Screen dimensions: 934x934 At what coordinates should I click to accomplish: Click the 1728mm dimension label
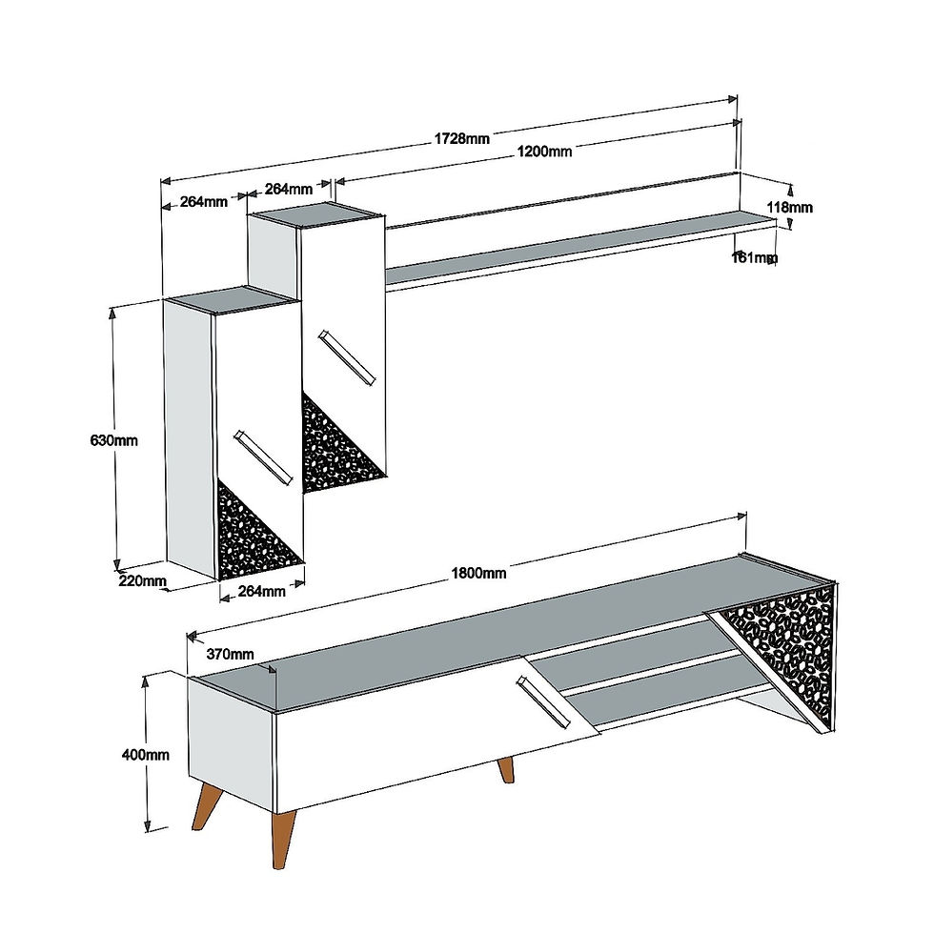click(461, 139)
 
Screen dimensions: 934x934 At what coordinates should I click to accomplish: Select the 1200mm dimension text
click(544, 152)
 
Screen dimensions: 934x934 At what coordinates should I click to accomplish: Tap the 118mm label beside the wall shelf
click(789, 208)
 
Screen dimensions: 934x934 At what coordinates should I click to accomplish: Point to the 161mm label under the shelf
click(755, 257)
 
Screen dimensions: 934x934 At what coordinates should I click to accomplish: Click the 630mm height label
click(113, 440)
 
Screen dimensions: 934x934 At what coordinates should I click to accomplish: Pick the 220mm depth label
click(142, 579)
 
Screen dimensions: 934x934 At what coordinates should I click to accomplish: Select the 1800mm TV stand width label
click(478, 573)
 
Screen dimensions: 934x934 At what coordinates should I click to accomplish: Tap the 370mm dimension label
click(230, 654)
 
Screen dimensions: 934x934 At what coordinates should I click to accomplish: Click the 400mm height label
click(145, 755)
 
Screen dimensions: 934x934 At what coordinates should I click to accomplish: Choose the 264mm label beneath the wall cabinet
click(261, 591)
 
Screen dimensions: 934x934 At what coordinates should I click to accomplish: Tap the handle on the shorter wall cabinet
click(264, 457)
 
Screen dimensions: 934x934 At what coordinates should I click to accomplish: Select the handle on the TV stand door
click(542, 701)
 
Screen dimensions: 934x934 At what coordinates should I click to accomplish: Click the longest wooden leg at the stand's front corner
click(283, 840)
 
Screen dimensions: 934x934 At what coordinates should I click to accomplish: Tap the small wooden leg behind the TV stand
click(506, 770)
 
